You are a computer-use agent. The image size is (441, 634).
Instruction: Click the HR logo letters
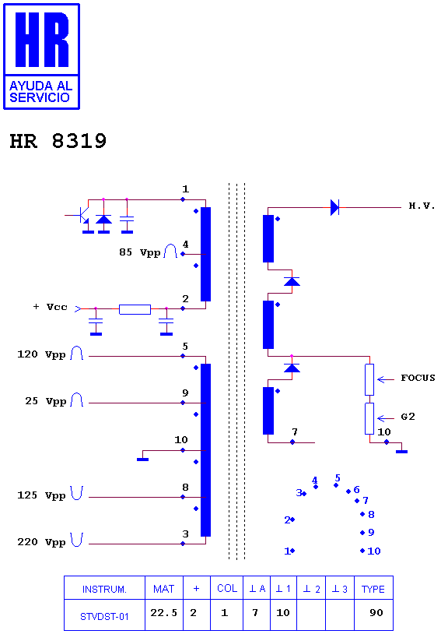click(41, 40)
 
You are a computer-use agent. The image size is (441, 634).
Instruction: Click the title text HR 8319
click(58, 141)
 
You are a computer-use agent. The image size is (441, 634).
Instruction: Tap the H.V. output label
click(422, 206)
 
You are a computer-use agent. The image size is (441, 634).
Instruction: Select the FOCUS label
click(418, 378)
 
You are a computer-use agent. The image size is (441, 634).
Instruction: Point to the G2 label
click(408, 417)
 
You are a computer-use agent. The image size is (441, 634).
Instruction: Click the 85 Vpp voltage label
click(140, 252)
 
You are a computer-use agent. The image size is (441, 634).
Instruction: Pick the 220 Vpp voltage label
click(41, 542)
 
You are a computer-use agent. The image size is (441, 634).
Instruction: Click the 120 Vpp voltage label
click(41, 354)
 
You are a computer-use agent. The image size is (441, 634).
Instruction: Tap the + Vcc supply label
click(50, 307)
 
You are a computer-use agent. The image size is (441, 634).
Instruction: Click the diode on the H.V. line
click(334, 207)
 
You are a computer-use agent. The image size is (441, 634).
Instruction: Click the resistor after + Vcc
click(135, 310)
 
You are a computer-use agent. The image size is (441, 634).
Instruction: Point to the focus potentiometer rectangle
click(369, 379)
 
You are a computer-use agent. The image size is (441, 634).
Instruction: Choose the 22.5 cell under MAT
click(164, 613)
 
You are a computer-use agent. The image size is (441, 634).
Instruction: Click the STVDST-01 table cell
click(104, 617)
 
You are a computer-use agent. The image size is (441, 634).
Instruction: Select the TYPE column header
click(373, 589)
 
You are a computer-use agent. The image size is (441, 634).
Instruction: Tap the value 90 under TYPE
click(376, 613)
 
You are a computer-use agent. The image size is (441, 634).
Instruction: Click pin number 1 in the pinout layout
click(287, 551)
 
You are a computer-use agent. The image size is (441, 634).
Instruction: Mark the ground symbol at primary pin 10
click(143, 460)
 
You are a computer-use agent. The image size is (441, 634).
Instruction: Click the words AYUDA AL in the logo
click(40, 86)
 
